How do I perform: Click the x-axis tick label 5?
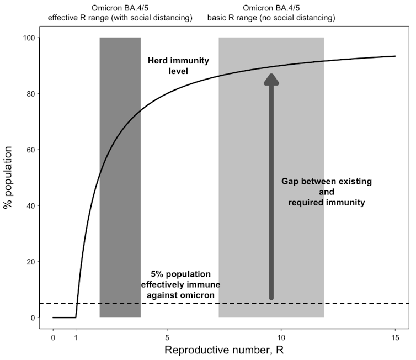pyautogui.click(x=167, y=337)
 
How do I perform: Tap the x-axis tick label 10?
pyautogui.click(x=281, y=337)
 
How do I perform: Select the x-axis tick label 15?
pyautogui.click(x=395, y=337)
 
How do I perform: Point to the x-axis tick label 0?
pyautogui.click(x=53, y=337)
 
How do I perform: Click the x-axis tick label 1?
pyautogui.click(x=76, y=337)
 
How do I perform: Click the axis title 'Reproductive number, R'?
pyautogui.click(x=224, y=351)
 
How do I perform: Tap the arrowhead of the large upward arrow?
pyautogui.click(x=271, y=80)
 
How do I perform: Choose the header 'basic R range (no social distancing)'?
pyautogui.click(x=271, y=18)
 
